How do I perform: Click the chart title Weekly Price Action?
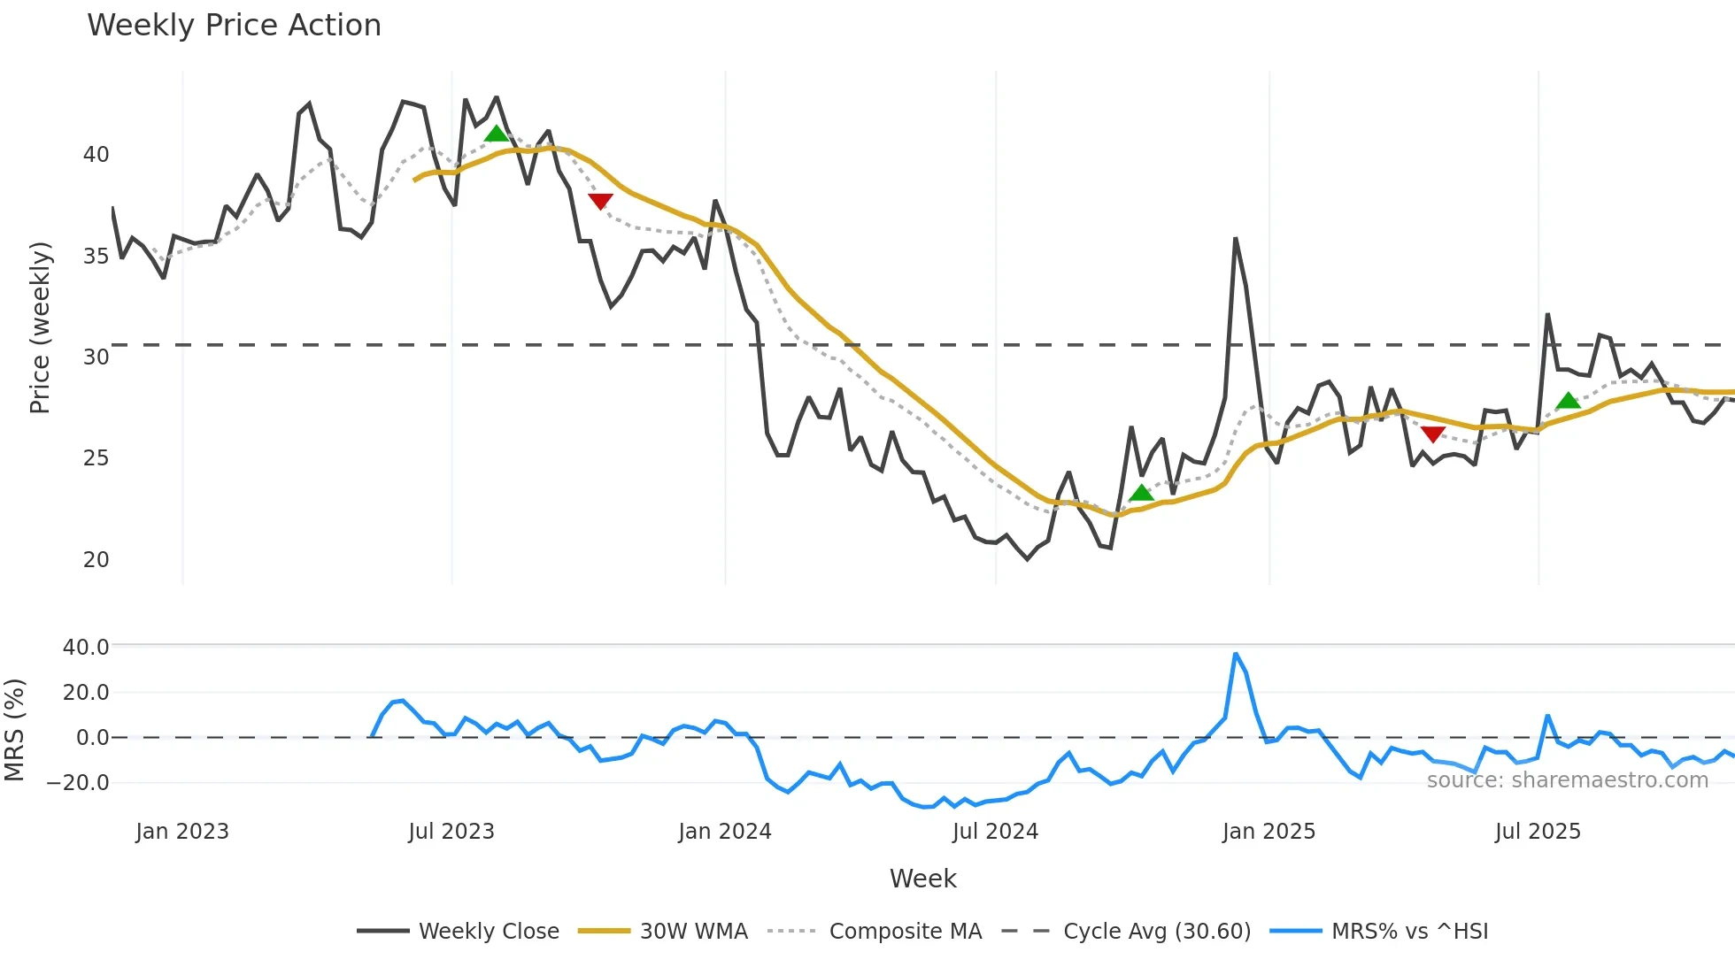click(x=234, y=26)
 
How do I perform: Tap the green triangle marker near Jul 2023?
click(x=497, y=134)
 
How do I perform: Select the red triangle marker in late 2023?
click(x=600, y=202)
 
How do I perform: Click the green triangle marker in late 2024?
click(x=1141, y=493)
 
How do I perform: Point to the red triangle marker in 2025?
click(x=1432, y=434)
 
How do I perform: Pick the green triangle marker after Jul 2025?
click(x=1568, y=401)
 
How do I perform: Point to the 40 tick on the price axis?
click(x=96, y=155)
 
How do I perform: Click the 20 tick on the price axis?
click(x=96, y=560)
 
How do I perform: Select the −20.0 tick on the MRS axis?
click(x=78, y=783)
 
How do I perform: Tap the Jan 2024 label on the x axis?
click(x=725, y=832)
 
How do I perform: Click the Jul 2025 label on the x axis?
click(x=1538, y=832)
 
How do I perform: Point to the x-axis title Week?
click(x=922, y=879)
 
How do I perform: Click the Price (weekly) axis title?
click(x=40, y=327)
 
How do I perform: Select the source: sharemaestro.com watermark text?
click(x=1567, y=780)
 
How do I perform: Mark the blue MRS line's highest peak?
click(x=1236, y=654)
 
